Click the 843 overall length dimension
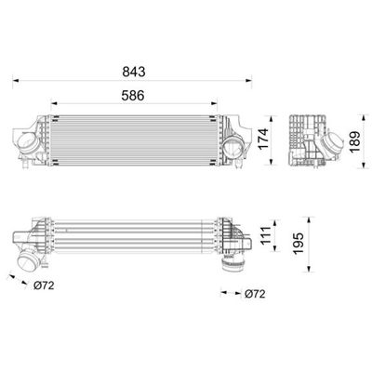(134, 72)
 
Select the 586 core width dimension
(133, 96)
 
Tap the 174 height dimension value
(263, 139)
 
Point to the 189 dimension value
(354, 141)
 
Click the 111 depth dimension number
(265, 235)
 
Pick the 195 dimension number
(299, 244)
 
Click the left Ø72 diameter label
(44, 286)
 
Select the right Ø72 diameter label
(255, 294)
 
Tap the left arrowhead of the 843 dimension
(16, 81)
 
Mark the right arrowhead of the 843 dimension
(248, 81)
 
